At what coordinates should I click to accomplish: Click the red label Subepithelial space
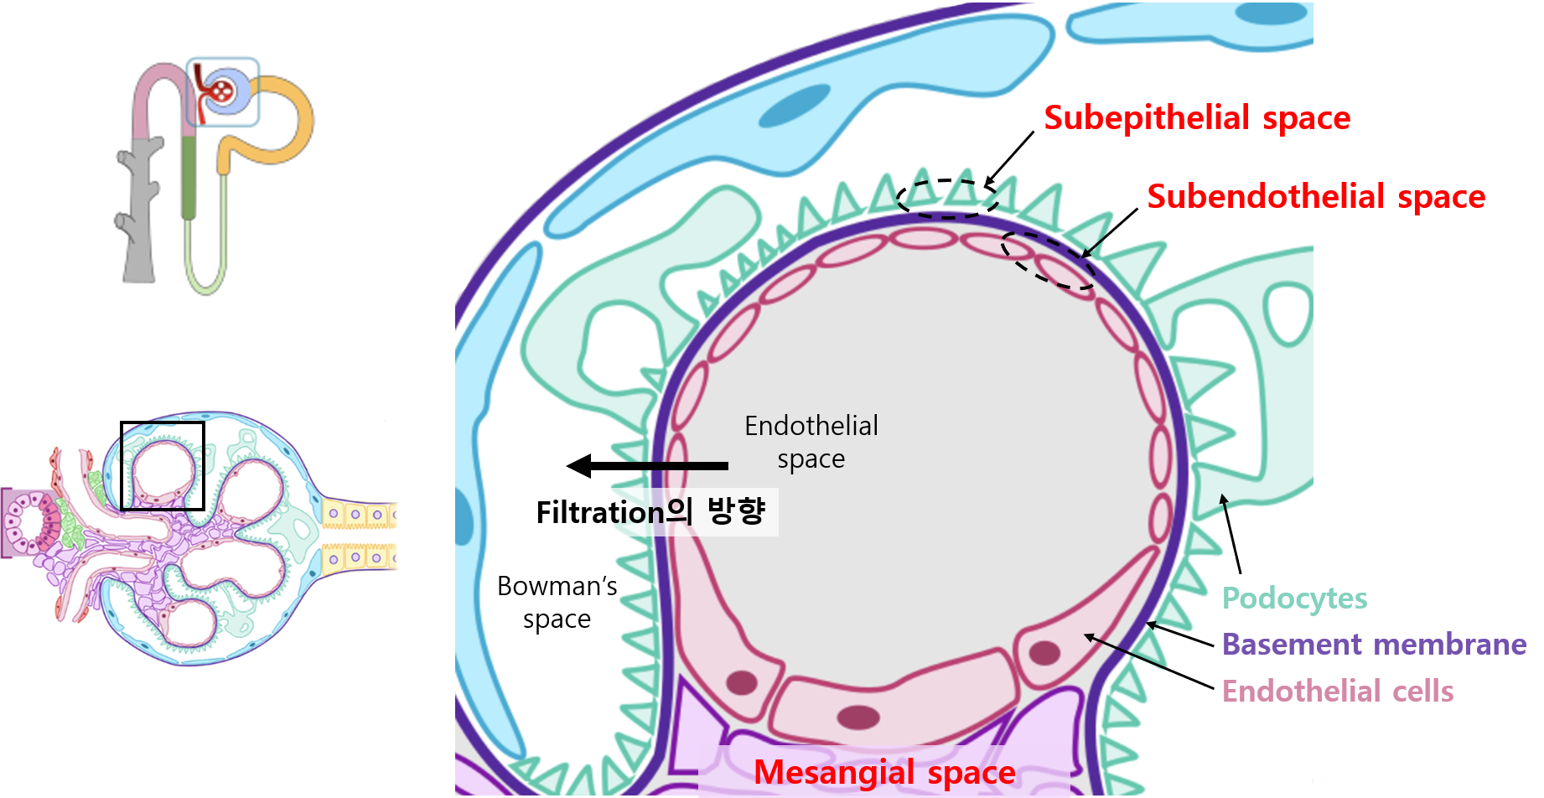[1196, 118]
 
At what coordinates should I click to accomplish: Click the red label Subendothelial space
[1315, 197]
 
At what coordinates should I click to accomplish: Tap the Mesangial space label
[884, 772]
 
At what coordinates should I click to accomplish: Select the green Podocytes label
[1294, 598]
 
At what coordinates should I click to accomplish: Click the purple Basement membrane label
[1374, 645]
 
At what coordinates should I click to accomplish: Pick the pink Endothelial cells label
[1337, 692]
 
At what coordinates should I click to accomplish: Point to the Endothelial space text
[811, 442]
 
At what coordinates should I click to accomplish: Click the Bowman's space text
[557, 602]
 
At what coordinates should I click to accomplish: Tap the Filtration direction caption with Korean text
[650, 511]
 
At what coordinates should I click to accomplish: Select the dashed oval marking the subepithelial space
[947, 199]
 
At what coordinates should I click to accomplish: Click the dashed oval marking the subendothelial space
[1048, 261]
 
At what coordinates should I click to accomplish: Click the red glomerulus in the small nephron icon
[221, 90]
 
